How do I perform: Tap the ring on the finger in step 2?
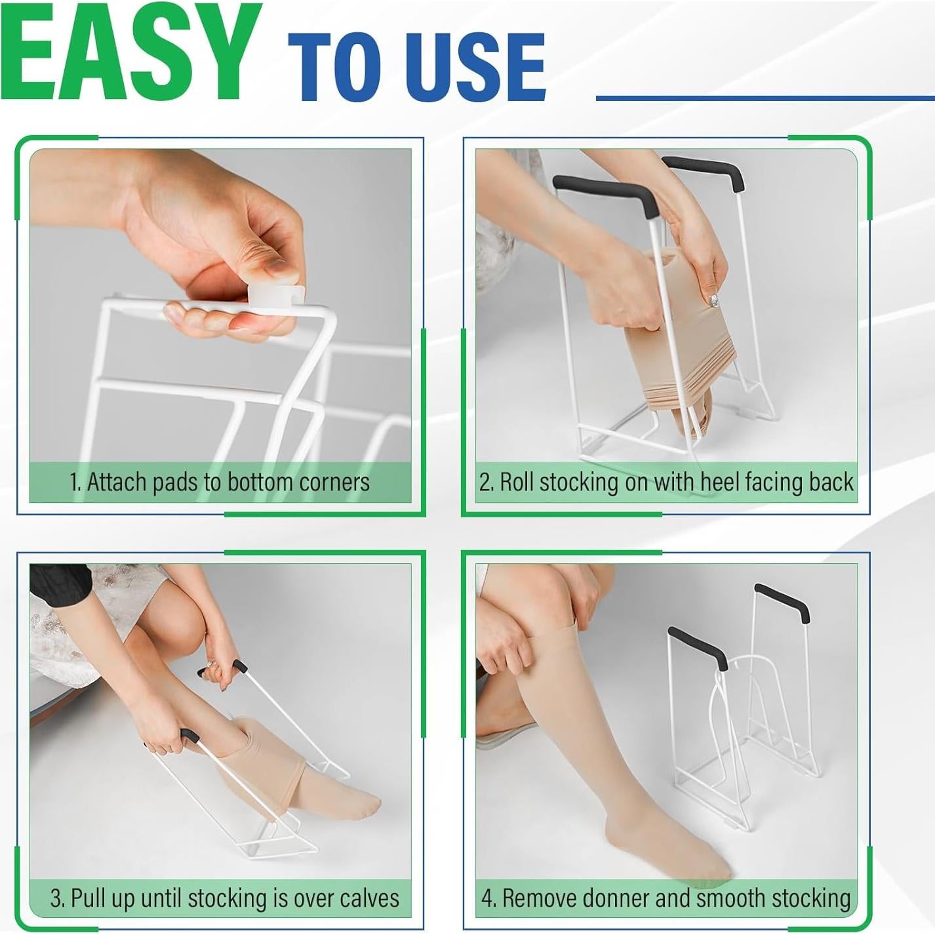pos(714,302)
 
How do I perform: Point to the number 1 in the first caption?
pos(73,483)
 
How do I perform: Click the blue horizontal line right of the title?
pos(765,98)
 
